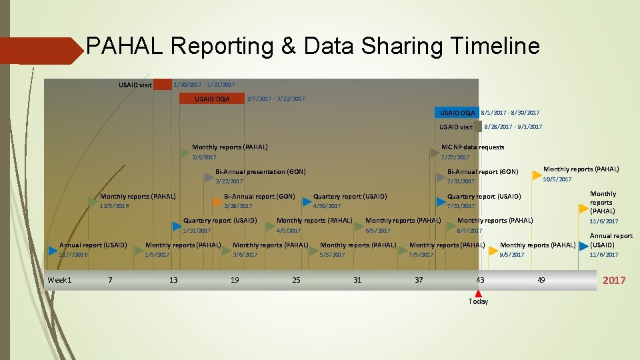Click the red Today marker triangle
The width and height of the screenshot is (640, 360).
pyautogui.click(x=479, y=293)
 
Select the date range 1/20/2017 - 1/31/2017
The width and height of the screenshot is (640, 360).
pyautogui.click(x=204, y=85)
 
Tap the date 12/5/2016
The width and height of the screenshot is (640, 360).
pyautogui.click(x=114, y=206)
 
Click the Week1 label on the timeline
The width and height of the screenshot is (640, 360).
pyautogui.click(x=59, y=280)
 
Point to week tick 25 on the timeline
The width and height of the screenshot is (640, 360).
pyautogui.click(x=296, y=280)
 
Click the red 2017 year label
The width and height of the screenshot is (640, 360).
pyautogui.click(x=614, y=280)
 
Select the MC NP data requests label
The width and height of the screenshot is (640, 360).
pyautogui.click(x=473, y=147)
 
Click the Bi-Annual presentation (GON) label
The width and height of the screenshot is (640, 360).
pyautogui.click(x=260, y=172)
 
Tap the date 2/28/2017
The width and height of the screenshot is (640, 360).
pyautogui.click(x=239, y=206)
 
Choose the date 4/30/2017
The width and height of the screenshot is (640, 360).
pyautogui.click(x=327, y=206)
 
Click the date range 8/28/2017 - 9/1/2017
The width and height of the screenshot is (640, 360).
pyautogui.click(x=513, y=127)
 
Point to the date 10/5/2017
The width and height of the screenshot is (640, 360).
pyautogui.click(x=557, y=179)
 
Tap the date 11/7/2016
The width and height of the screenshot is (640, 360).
pyautogui.click(x=73, y=255)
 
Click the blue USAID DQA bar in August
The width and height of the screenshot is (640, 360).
pyautogui.click(x=457, y=113)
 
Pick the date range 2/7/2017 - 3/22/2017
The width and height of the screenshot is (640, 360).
pyautogui.click(x=275, y=99)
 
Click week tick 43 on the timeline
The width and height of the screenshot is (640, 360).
pyautogui.click(x=480, y=280)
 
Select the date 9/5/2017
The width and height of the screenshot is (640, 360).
pyautogui.click(x=511, y=255)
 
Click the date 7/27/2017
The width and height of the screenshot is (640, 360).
pyautogui.click(x=455, y=157)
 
